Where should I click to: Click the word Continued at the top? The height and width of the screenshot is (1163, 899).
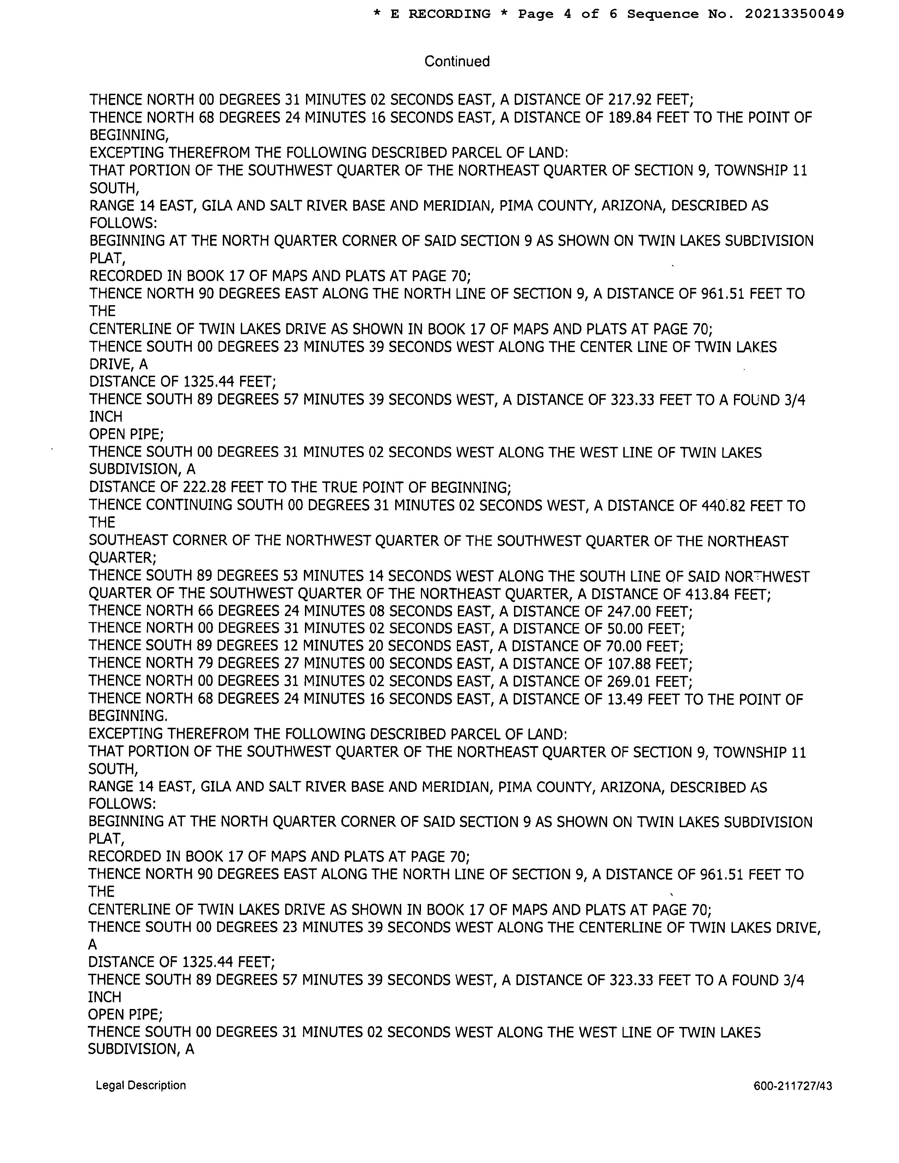click(x=457, y=61)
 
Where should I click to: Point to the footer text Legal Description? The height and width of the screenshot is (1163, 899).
click(x=141, y=1085)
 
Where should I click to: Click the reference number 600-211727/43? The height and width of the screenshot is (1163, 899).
click(x=793, y=1086)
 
